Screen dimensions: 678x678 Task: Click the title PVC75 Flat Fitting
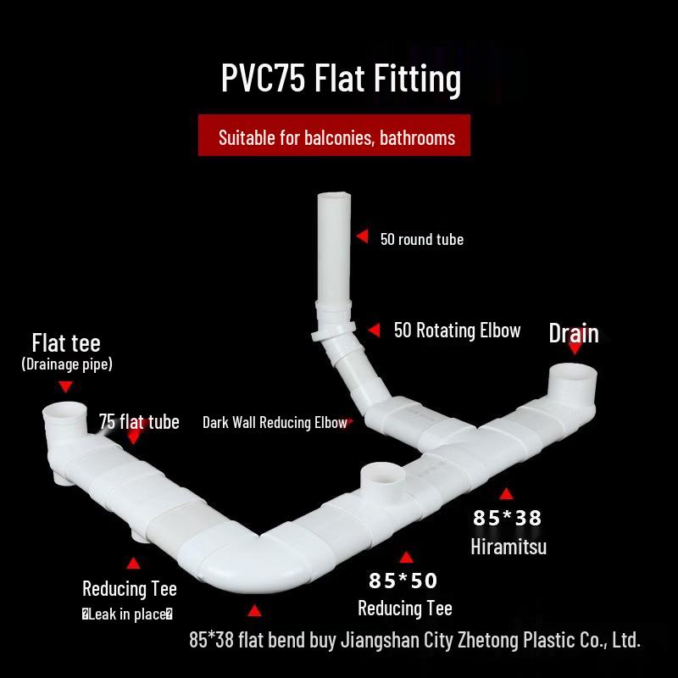[x=341, y=79]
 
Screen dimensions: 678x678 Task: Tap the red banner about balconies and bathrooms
[x=334, y=135]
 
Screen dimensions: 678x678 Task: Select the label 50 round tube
[x=421, y=239]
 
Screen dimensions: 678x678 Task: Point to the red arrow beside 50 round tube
[x=363, y=236]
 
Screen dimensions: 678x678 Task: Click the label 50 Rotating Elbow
[x=457, y=331]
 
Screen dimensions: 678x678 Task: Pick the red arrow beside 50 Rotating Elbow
[x=374, y=330]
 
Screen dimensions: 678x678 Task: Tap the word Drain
[x=574, y=333]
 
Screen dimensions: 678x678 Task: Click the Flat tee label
[x=66, y=343]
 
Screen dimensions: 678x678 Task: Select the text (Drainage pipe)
[x=67, y=364]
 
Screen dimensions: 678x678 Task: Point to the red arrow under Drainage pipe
[x=66, y=386]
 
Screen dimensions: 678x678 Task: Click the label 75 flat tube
[x=139, y=421]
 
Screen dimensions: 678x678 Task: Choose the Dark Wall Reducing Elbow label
[x=275, y=422]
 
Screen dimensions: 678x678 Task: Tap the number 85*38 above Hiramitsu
[x=507, y=518]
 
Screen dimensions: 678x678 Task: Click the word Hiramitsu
[x=508, y=547]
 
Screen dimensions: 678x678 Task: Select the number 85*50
[x=403, y=581]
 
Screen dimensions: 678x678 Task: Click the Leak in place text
[x=128, y=614]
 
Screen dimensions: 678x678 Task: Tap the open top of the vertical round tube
[x=334, y=196]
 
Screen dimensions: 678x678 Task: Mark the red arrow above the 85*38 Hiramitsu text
[x=506, y=493]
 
